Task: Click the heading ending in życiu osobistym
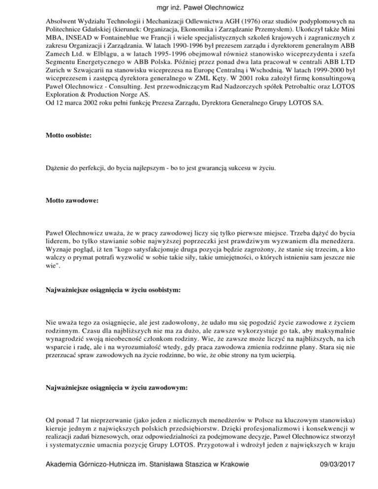(x=112, y=291)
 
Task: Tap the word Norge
(x=122, y=101)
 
